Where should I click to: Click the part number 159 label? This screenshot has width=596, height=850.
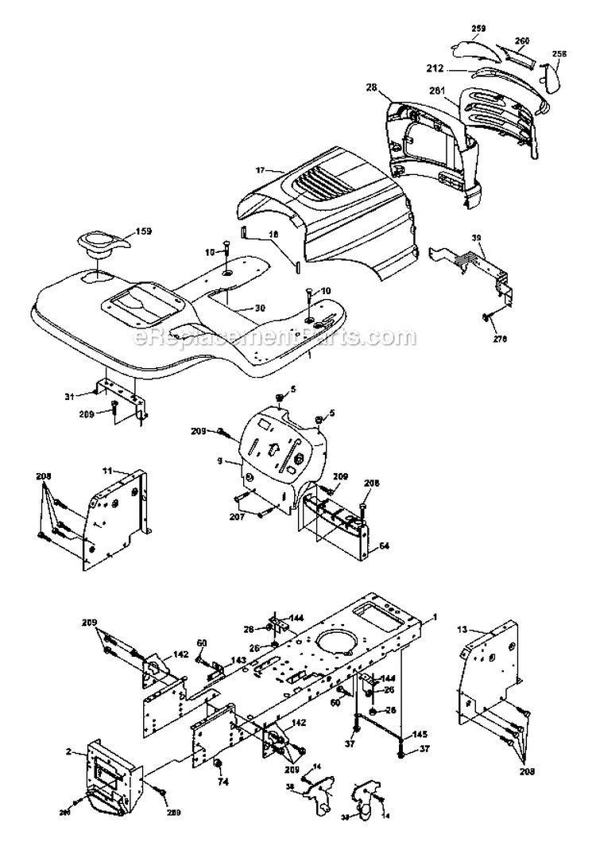(x=144, y=231)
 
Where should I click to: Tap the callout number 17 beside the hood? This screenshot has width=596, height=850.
(x=259, y=169)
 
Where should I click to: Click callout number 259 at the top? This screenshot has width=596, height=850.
(x=478, y=29)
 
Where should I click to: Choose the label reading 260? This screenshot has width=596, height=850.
(x=522, y=40)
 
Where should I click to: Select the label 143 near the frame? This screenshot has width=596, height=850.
(x=238, y=659)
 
